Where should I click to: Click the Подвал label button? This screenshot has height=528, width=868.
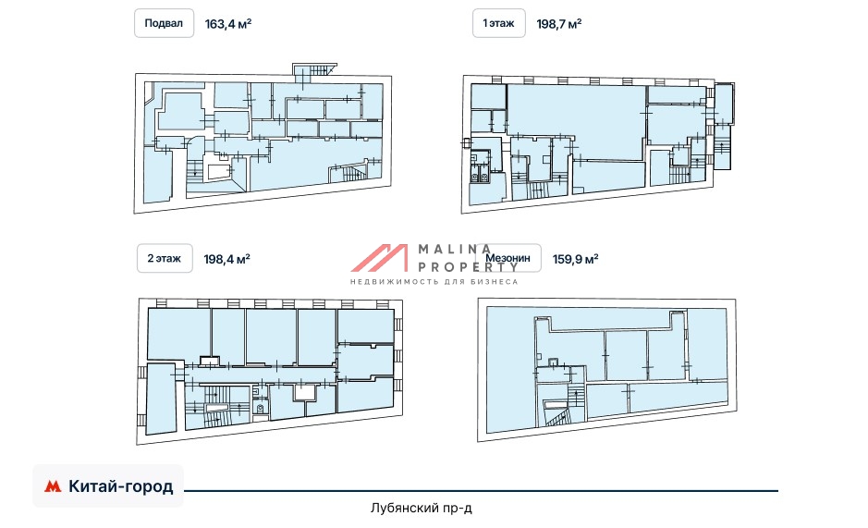[164, 23]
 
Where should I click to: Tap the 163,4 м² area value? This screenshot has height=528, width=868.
[228, 24]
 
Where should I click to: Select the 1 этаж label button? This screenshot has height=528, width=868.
[499, 23]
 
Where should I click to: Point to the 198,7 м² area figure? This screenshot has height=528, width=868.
[558, 24]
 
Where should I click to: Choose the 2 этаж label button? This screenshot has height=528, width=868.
[165, 258]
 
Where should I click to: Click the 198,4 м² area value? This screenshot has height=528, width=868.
[227, 259]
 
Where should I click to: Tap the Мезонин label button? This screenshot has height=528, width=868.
[507, 258]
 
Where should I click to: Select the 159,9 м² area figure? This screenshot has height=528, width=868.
[575, 259]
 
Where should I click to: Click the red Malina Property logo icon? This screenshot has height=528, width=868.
[379, 258]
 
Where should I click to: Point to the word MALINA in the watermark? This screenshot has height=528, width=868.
[455, 250]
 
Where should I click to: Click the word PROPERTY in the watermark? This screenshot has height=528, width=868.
[468, 266]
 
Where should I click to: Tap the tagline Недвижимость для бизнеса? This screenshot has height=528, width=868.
[434, 281]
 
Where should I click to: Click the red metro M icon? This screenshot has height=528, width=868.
[53, 486]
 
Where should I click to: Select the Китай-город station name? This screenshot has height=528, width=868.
[121, 486]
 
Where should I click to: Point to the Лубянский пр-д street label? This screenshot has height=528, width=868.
[422, 508]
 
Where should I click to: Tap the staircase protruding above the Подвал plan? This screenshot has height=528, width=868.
[314, 69]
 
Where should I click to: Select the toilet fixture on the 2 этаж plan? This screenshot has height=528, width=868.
[260, 409]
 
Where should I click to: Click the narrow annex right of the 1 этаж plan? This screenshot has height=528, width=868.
[723, 126]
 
